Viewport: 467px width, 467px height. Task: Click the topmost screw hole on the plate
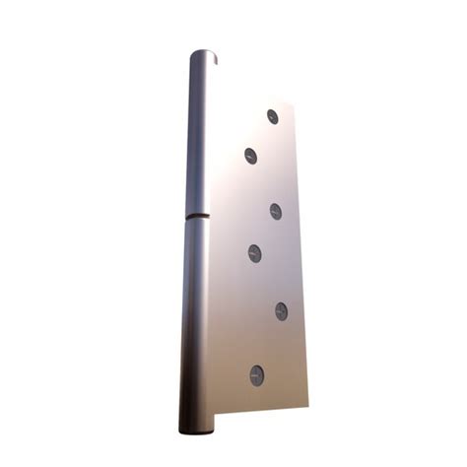coord(273,116)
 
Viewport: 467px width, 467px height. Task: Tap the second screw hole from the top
coord(250,155)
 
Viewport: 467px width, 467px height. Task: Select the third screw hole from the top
coord(275,211)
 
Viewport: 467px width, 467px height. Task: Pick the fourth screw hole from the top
coord(254,253)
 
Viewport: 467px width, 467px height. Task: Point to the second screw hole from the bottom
coord(281,311)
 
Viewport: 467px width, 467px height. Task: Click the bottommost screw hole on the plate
coord(256,374)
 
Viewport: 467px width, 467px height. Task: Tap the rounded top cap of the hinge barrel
coord(204,56)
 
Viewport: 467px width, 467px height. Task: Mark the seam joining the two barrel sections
coord(197,215)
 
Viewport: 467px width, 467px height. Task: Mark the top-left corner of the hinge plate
coord(218,123)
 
